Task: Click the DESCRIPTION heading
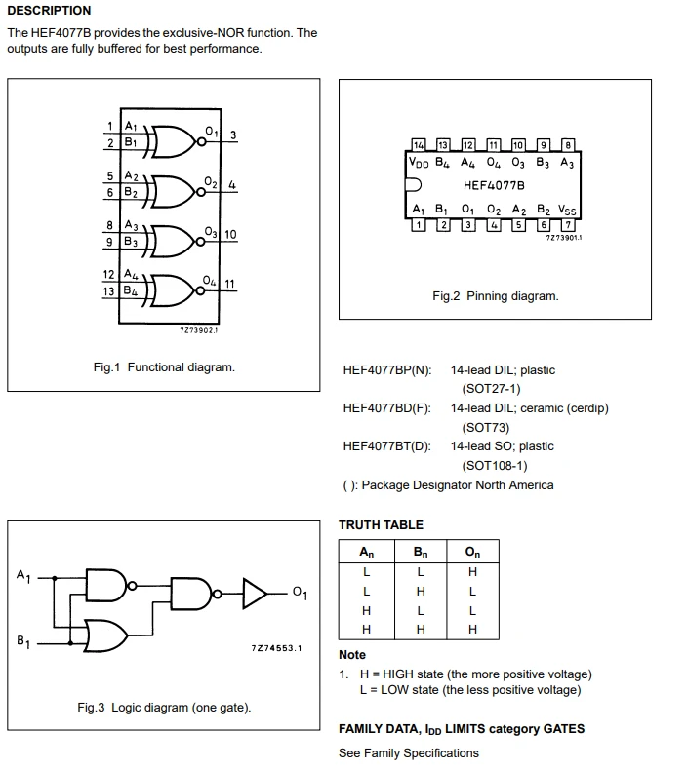pyautogui.click(x=49, y=11)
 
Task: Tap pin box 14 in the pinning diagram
pyautogui.click(x=418, y=145)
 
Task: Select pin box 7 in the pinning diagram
pyautogui.click(x=568, y=225)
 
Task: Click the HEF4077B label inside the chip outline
pyautogui.click(x=494, y=185)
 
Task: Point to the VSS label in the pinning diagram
pyautogui.click(x=567, y=211)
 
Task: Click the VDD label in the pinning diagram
pyautogui.click(x=419, y=162)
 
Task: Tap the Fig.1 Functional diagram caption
pyautogui.click(x=164, y=367)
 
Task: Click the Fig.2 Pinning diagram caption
pyautogui.click(x=496, y=296)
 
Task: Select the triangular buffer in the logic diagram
pyautogui.click(x=256, y=594)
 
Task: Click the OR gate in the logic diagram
pyautogui.click(x=105, y=635)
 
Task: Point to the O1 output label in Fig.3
pyautogui.click(x=300, y=593)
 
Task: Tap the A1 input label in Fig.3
pyautogui.click(x=23, y=575)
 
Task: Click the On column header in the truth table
pyautogui.click(x=472, y=552)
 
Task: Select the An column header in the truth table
pyautogui.click(x=366, y=552)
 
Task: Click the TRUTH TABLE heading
pyautogui.click(x=382, y=525)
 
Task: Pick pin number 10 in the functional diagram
pyautogui.click(x=230, y=234)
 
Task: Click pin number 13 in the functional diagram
pyautogui.click(x=108, y=291)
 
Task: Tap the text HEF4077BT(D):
pyautogui.click(x=387, y=446)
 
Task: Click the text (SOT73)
pyautogui.click(x=485, y=428)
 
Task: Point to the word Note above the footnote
pyautogui.click(x=352, y=655)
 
